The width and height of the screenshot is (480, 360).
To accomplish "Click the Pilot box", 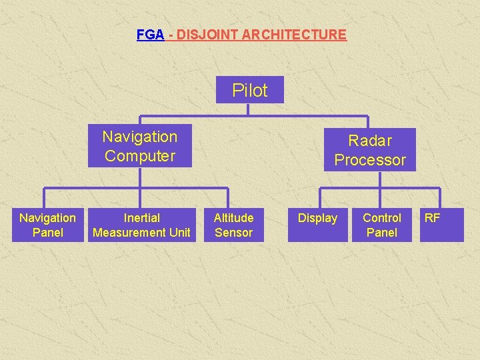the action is coord(249,90).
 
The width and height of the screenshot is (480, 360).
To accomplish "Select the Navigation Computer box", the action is coord(140,146).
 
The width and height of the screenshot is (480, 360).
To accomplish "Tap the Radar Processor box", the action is coord(370,150).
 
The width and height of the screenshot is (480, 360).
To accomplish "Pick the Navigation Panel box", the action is coord(47,225).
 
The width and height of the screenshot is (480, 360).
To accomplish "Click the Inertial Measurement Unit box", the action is coord(141,225).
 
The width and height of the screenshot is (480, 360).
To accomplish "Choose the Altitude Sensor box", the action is coord(233,225).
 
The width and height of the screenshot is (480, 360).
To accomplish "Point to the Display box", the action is coord(317,225).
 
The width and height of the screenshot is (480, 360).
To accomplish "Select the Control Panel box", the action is coord(382,225).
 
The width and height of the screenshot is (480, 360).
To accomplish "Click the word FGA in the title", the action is coord(150,35).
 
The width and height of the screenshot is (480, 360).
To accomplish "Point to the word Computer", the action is coord(140,156).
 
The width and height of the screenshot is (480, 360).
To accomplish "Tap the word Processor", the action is coord(370,160).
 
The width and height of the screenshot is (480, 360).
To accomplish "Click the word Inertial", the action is coord(142,218).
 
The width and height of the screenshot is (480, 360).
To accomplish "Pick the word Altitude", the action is coord(233,218).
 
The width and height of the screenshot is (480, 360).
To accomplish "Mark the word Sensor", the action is coord(233,233).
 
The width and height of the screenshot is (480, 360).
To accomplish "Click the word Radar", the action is coord(370,141).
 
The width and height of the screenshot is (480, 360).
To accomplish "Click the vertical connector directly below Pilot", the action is coord(248,109).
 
